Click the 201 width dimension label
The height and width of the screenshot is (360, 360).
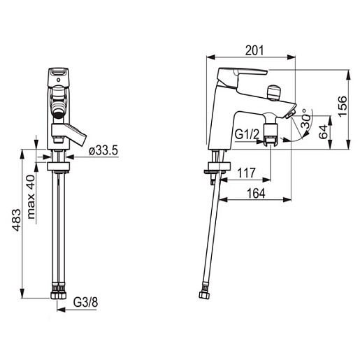coord(254,50)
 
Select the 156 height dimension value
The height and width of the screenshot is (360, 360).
coord(343,106)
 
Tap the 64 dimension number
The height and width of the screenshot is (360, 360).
coord(324,132)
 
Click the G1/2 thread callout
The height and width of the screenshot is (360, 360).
coord(247,134)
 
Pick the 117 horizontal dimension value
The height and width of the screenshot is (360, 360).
coord(246,173)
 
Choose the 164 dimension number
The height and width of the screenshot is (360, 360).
coord(256,193)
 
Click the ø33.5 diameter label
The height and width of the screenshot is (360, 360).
coord(103,151)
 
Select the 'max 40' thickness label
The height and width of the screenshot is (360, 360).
coord(31,197)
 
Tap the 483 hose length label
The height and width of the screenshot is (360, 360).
coord(17,220)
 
